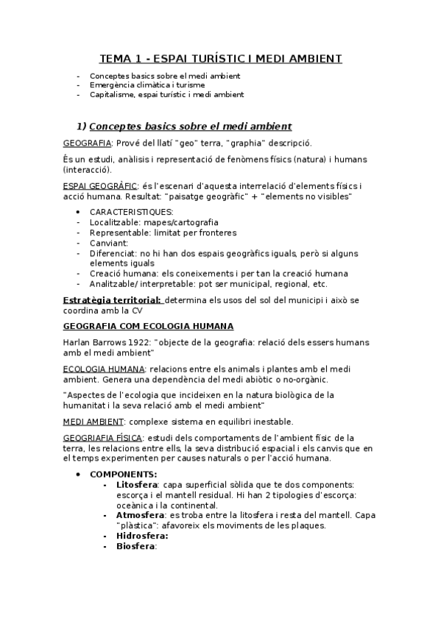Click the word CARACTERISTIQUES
(x=132, y=212)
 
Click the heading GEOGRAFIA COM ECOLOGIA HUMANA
(x=149, y=325)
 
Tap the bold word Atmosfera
(x=141, y=516)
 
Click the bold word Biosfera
(x=137, y=547)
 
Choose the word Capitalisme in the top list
(x=110, y=94)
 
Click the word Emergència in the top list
(x=110, y=85)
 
